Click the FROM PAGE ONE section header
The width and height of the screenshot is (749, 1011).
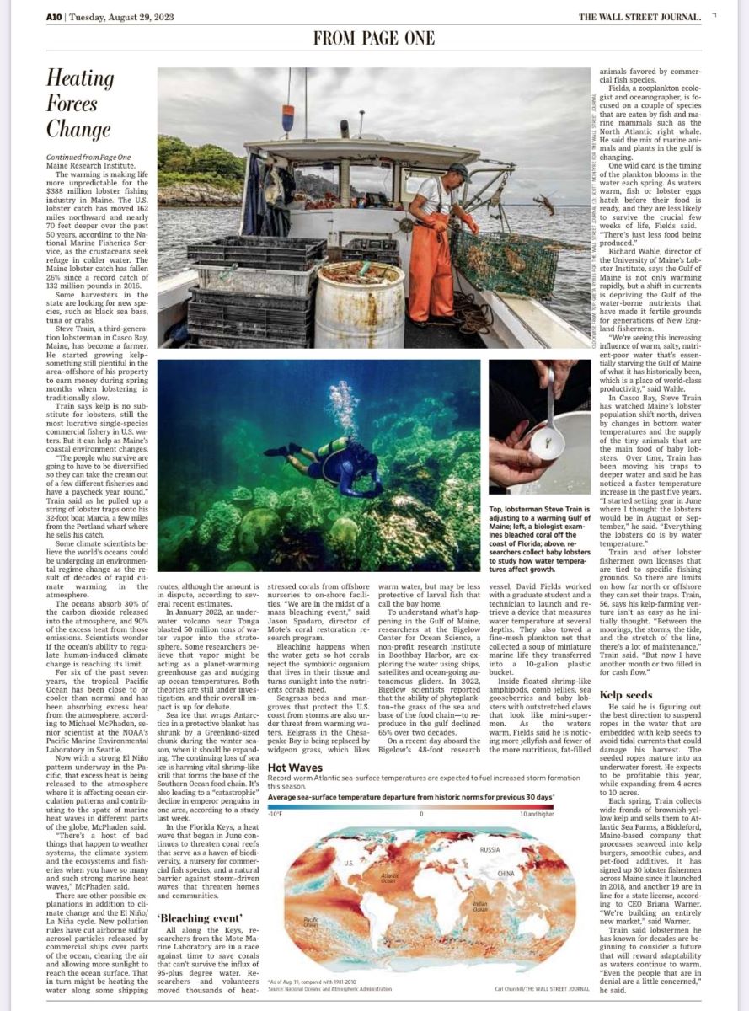(x=374, y=38)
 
